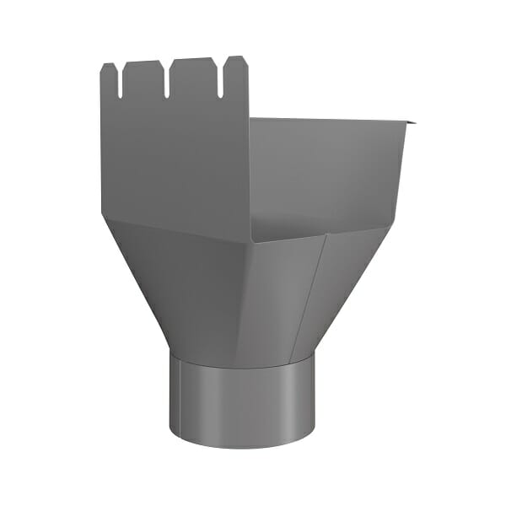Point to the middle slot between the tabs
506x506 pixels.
click(170, 79)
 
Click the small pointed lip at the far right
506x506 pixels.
click(412, 125)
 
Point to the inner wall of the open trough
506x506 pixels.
click(329, 169)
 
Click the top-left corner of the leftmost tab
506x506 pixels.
click(103, 66)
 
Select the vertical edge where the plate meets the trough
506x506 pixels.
click(250, 169)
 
